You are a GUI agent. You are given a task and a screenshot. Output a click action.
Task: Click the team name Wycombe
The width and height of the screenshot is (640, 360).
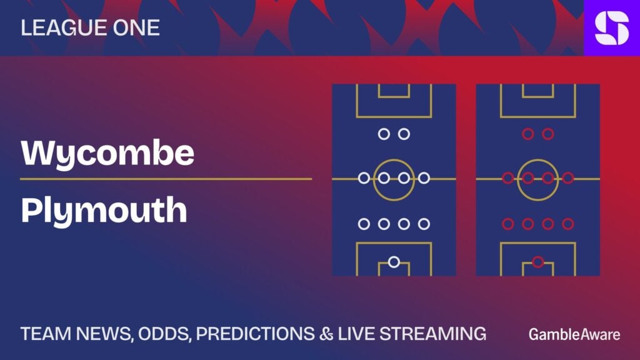click(x=107, y=154)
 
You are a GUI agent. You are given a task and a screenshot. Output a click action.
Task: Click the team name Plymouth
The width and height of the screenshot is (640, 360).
click(x=104, y=211)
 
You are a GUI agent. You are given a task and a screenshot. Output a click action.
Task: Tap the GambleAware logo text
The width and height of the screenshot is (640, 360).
click(x=574, y=334)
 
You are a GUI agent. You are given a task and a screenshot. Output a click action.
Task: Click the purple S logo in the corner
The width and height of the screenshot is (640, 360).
click(x=612, y=27)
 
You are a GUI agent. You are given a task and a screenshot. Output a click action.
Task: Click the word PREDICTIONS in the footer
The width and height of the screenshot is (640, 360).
click(x=256, y=334)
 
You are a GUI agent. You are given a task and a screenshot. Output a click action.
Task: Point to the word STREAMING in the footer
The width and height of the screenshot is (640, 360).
click(x=433, y=334)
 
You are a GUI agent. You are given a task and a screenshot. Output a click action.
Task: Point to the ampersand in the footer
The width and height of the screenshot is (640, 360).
click(x=326, y=334)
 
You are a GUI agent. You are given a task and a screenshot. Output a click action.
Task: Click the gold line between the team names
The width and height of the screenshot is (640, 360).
click(x=166, y=179)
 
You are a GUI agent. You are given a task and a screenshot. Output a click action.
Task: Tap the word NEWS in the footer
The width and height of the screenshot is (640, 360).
click(x=104, y=334)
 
